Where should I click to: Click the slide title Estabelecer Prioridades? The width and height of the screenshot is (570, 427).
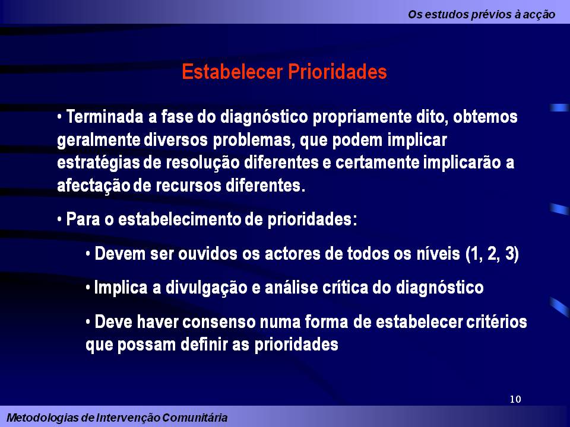(x=284, y=72)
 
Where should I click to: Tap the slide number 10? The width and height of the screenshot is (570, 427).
(x=515, y=399)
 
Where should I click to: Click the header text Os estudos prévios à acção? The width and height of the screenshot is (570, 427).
(x=482, y=15)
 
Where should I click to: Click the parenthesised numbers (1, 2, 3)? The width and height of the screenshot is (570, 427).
(x=492, y=255)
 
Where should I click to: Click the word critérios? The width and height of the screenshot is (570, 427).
(x=496, y=323)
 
